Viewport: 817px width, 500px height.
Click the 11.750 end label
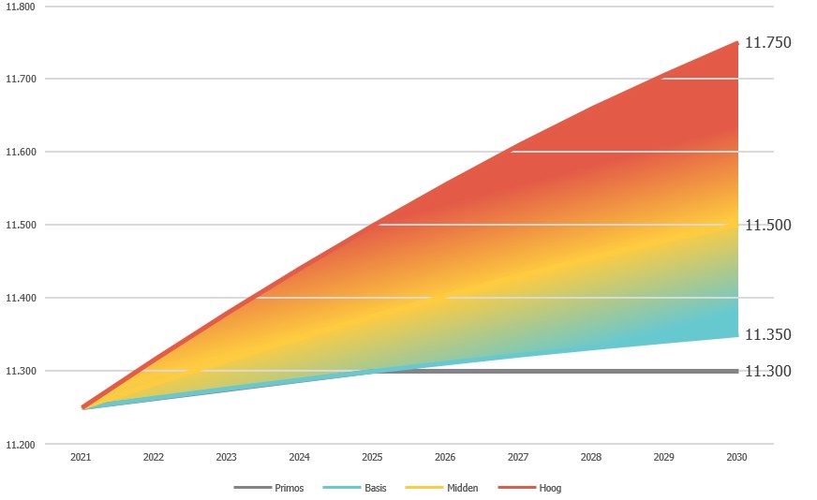coord(767,43)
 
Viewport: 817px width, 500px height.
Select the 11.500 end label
coord(767,225)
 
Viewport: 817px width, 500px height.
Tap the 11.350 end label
coord(767,334)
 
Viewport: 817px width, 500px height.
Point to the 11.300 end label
coord(767,372)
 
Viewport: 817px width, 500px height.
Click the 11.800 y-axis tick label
coord(20,7)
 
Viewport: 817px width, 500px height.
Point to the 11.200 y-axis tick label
coord(20,444)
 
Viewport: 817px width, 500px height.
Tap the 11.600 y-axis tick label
coord(20,152)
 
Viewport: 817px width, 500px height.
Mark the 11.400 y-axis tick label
coord(20,298)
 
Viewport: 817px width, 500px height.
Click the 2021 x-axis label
coord(81,458)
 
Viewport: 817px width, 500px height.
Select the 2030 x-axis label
coord(737,458)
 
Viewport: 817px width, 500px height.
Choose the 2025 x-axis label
coord(373,458)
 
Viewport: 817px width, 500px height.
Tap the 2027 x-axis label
coord(518,458)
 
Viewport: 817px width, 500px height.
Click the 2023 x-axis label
coord(227,458)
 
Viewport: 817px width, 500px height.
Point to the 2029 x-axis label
coord(664,458)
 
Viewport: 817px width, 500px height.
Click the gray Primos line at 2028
coord(591,372)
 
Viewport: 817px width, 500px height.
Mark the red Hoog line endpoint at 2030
coord(737,43)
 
